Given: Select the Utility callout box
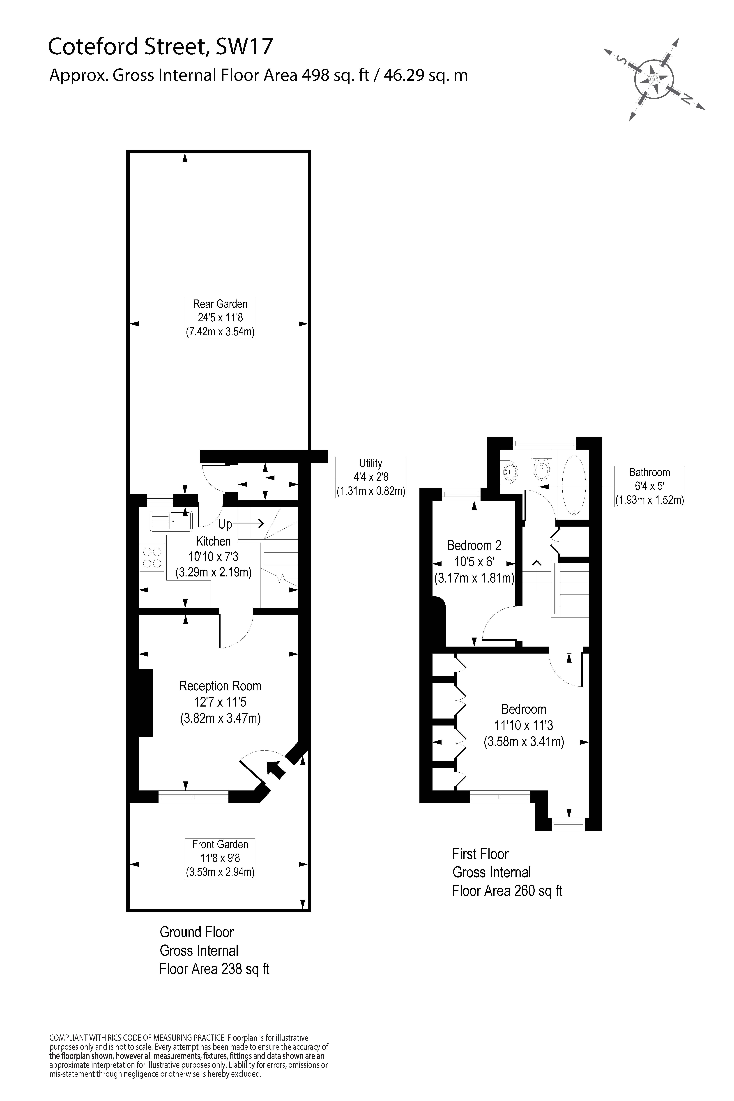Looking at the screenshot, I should (370, 477).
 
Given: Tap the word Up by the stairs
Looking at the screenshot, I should (225, 524).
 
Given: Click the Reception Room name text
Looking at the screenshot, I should (220, 686).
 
